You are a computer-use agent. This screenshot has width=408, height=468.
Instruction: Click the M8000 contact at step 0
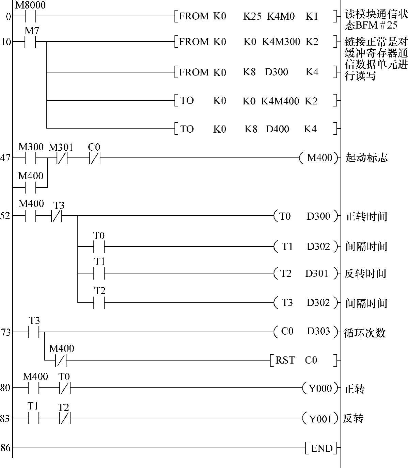click(x=30, y=16)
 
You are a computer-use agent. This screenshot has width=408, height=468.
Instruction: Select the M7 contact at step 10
click(x=30, y=42)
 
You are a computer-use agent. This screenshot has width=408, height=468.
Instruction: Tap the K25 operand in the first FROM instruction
click(x=252, y=16)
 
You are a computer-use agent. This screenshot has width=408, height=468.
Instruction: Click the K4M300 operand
click(x=281, y=42)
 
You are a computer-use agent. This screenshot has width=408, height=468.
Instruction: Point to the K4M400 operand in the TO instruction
click(x=280, y=101)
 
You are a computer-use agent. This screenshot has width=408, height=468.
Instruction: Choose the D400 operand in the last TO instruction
click(x=278, y=129)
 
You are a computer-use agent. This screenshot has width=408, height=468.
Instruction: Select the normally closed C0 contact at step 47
click(x=94, y=158)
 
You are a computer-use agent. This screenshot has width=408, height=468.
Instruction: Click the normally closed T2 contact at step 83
click(x=65, y=419)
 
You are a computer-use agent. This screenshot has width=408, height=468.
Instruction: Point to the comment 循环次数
click(x=365, y=332)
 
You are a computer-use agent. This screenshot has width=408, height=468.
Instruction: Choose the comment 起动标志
click(x=366, y=158)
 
